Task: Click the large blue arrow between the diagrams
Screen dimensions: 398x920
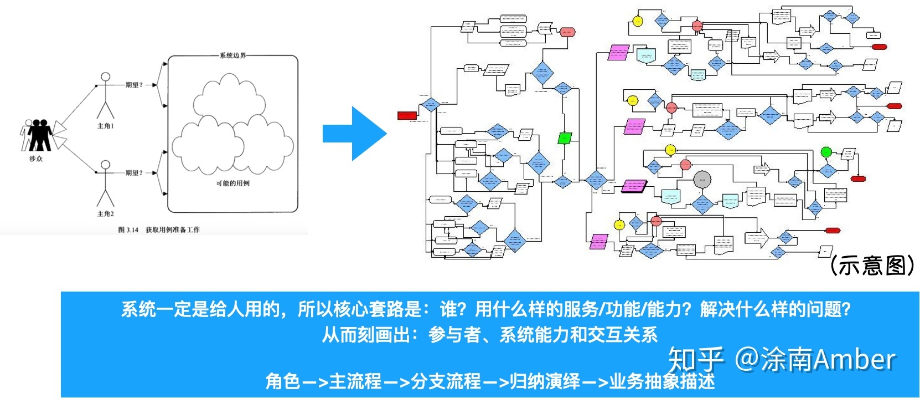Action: click(x=354, y=134)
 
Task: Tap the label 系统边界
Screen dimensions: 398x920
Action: click(x=232, y=55)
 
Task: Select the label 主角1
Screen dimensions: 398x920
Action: click(x=105, y=126)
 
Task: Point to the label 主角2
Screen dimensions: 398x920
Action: click(x=105, y=213)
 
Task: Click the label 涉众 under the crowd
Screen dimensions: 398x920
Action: click(x=36, y=159)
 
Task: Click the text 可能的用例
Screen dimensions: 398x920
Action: click(x=232, y=183)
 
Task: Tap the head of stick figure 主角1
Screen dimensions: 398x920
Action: click(x=105, y=77)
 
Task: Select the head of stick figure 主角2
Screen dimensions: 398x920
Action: click(x=105, y=165)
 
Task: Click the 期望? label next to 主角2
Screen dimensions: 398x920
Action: click(x=133, y=173)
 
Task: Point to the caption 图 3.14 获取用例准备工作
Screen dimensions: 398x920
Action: click(x=159, y=229)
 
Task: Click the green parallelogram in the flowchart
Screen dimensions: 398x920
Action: click(x=565, y=137)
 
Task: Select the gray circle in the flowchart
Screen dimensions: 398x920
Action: click(x=702, y=179)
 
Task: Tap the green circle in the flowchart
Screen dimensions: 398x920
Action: click(x=826, y=152)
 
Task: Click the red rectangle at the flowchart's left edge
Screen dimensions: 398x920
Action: click(x=407, y=115)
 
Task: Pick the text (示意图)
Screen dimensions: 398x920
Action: click(x=872, y=266)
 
